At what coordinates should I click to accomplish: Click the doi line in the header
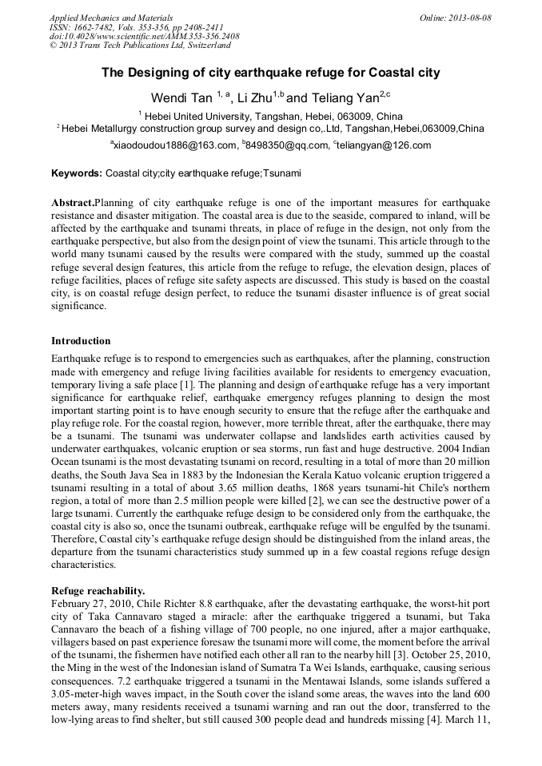[x=144, y=37]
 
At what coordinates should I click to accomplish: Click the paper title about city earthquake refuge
[x=270, y=73]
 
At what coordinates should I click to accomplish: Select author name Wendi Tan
[x=181, y=98]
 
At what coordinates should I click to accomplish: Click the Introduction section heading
[x=81, y=341]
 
